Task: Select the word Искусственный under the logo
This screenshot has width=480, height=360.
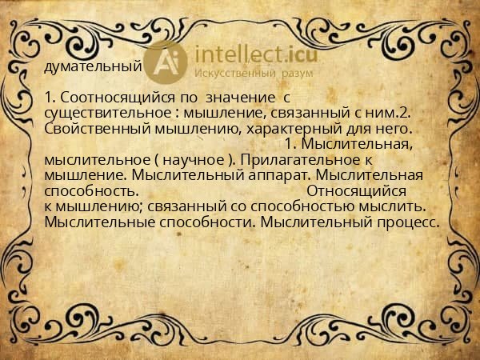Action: tap(234, 73)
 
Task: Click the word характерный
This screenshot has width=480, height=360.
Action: tap(298, 129)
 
